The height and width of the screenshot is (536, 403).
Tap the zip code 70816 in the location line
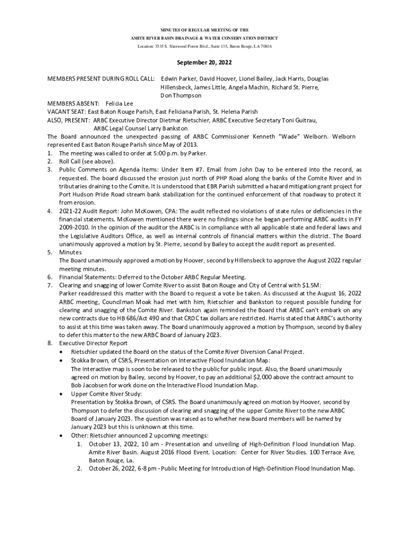[x=265, y=47]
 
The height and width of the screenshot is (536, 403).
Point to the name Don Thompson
[x=181, y=96]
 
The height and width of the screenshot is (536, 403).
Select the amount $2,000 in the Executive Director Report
[x=283, y=377]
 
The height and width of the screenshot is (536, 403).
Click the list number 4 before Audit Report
[x=49, y=211]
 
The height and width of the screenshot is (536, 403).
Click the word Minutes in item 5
[x=71, y=252]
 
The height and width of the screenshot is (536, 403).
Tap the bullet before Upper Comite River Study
[x=63, y=394]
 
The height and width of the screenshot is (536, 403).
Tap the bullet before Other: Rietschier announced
[x=63, y=435]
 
